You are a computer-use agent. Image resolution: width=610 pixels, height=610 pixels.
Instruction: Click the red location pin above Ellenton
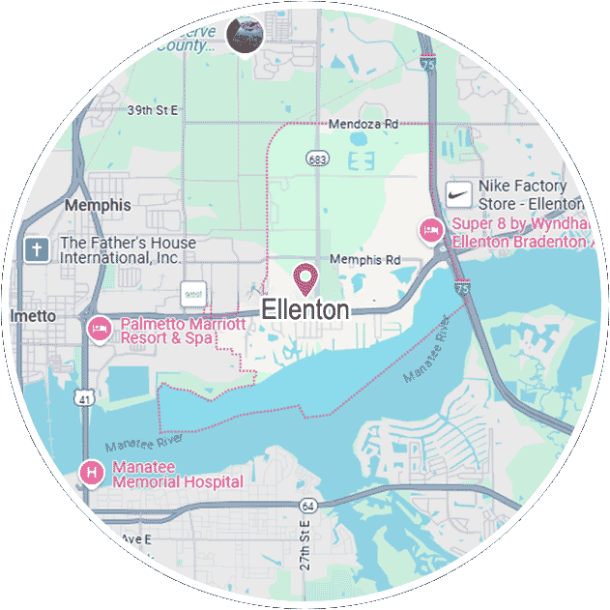[x=306, y=278]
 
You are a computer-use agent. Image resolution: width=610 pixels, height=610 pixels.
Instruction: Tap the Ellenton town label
[x=305, y=310]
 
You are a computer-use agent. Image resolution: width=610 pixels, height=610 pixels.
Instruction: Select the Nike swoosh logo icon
[x=459, y=194]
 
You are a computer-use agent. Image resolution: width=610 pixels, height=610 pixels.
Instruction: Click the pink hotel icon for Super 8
[x=430, y=231]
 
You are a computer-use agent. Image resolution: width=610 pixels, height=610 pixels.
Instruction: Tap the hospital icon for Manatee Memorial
[x=91, y=473]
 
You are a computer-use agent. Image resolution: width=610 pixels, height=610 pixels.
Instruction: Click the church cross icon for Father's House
[x=38, y=250]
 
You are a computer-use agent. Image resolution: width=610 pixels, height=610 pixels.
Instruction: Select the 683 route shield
[x=316, y=158]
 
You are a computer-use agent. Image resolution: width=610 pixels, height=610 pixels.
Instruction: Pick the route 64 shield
[x=307, y=506]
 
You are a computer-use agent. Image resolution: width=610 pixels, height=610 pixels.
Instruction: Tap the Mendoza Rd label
[x=363, y=125]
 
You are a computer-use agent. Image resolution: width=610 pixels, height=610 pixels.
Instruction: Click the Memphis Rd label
[x=364, y=260]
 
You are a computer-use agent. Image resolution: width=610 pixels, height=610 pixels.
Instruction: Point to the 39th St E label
[x=153, y=110]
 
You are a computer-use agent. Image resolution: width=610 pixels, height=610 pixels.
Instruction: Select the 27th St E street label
[x=304, y=544]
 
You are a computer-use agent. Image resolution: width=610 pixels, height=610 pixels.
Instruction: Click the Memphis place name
[x=97, y=205]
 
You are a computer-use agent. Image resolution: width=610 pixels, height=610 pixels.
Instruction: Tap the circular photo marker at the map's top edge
[x=245, y=35]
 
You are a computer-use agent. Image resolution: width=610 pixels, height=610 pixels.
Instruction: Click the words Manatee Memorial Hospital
[x=177, y=474]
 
